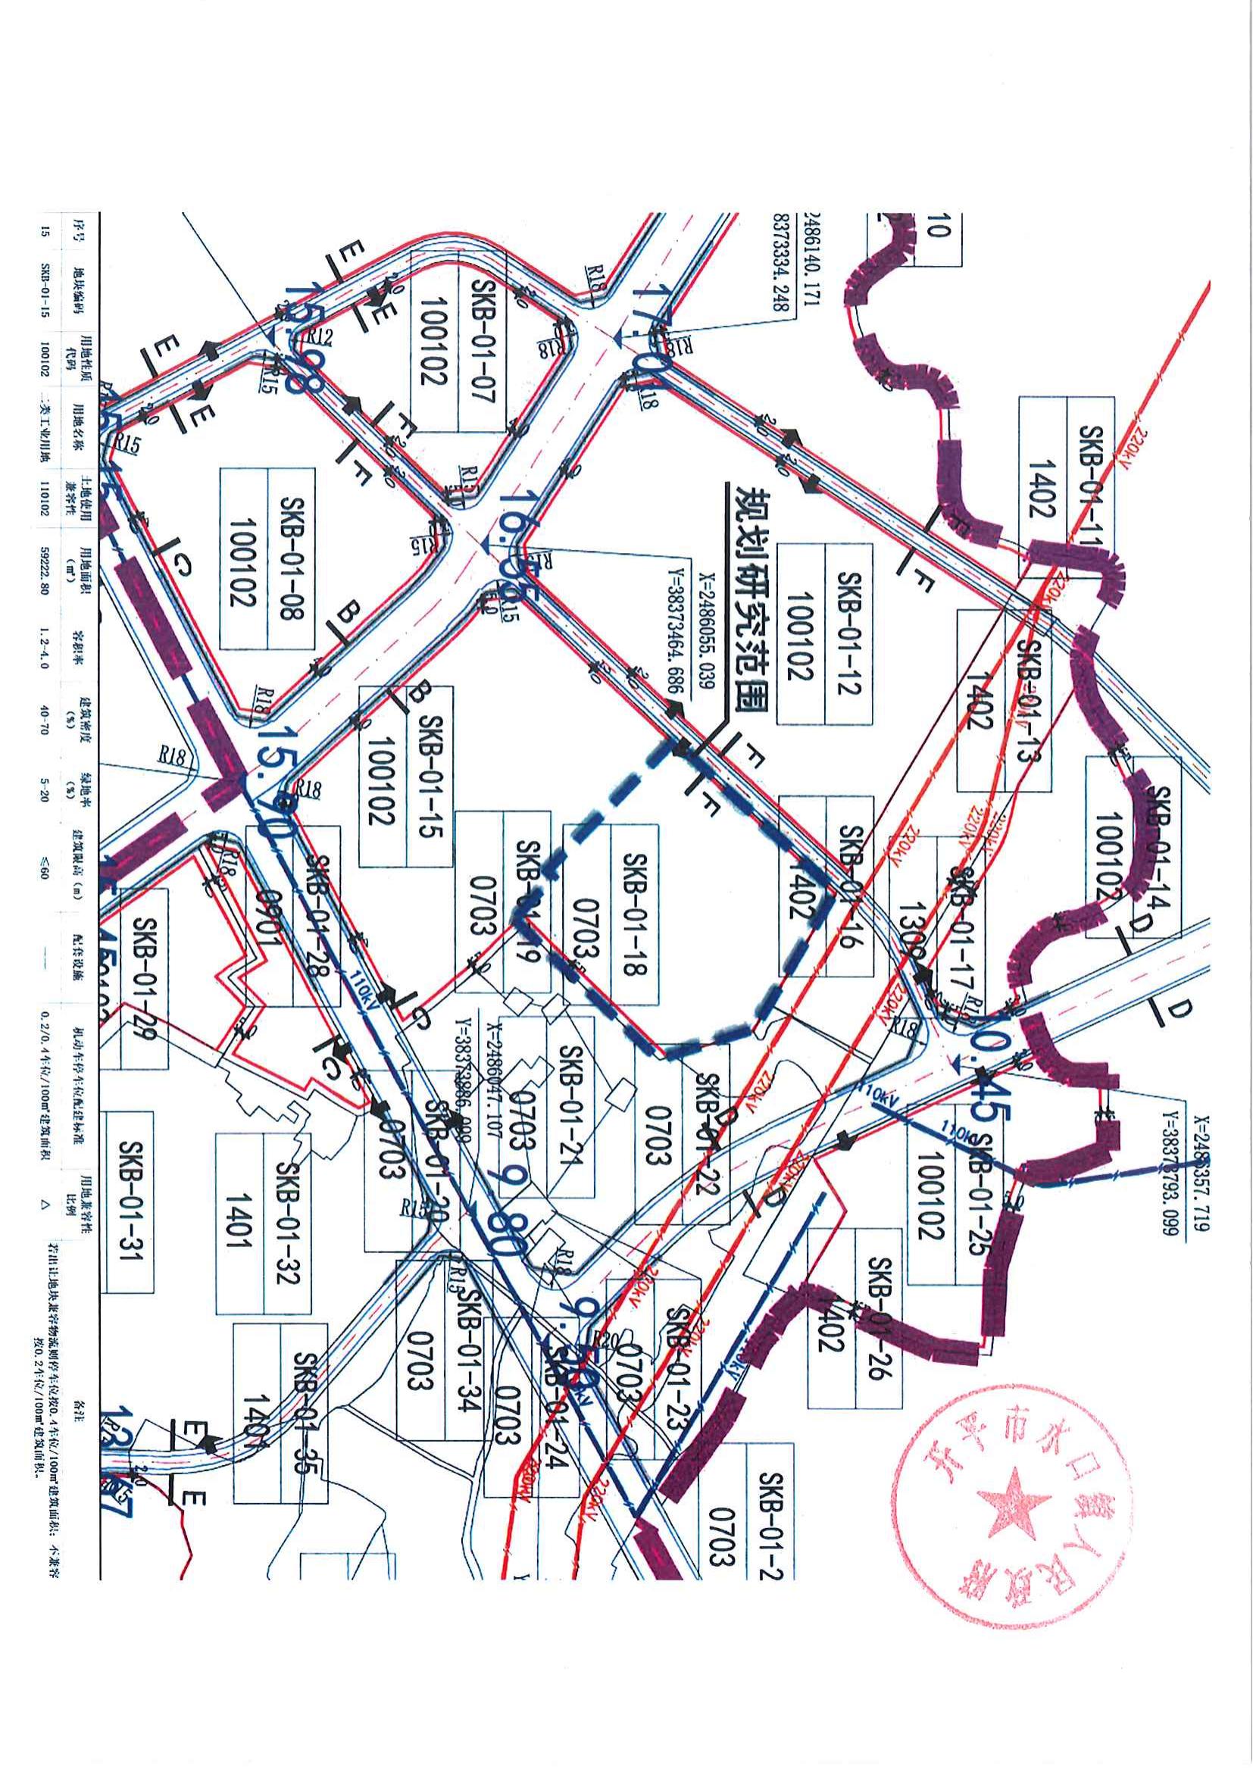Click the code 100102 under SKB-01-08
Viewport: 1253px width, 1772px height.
pyautogui.click(x=244, y=558)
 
